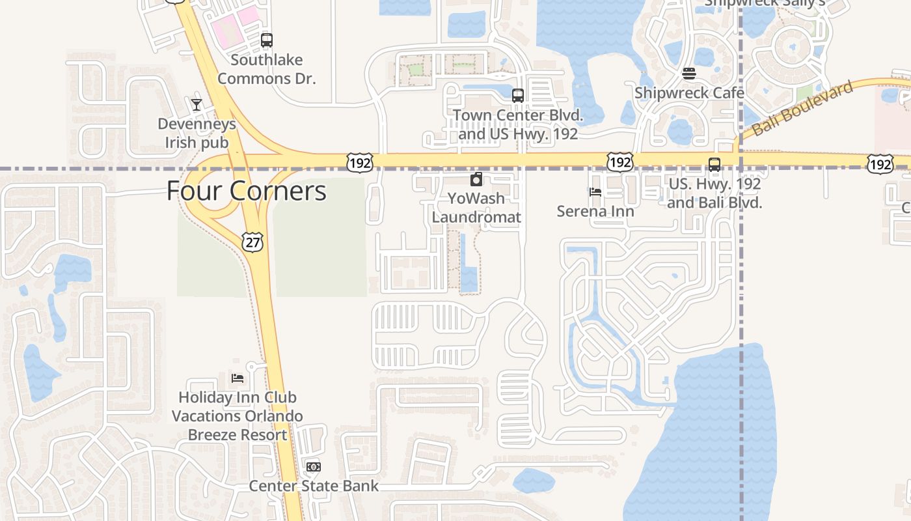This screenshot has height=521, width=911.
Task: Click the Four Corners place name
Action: [246, 191]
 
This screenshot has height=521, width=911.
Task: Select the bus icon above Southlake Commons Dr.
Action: [267, 40]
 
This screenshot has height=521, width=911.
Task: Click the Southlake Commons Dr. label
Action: [267, 69]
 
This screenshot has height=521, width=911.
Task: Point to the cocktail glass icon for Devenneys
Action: [197, 104]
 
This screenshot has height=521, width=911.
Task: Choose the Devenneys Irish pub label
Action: [197, 133]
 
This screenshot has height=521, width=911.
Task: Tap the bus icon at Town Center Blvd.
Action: [518, 95]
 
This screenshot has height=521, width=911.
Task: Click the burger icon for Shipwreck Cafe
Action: [689, 73]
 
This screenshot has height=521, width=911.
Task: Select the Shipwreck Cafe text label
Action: [689, 92]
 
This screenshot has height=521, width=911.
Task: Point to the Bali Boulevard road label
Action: [802, 109]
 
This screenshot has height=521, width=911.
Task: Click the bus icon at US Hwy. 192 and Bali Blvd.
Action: [714, 164]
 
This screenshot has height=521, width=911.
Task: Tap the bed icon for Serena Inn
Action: [595, 191]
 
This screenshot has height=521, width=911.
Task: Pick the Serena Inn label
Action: [595, 211]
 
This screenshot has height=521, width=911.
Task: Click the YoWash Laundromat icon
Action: [476, 179]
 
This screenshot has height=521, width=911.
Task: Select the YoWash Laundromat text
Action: [476, 207]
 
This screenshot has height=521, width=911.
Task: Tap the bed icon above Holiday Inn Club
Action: [238, 378]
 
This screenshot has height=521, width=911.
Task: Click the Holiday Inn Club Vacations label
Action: [238, 415]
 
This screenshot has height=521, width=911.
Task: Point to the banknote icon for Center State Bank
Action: [314, 467]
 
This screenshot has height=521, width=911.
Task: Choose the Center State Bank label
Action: [314, 486]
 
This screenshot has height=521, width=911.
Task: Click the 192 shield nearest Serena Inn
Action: [619, 162]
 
